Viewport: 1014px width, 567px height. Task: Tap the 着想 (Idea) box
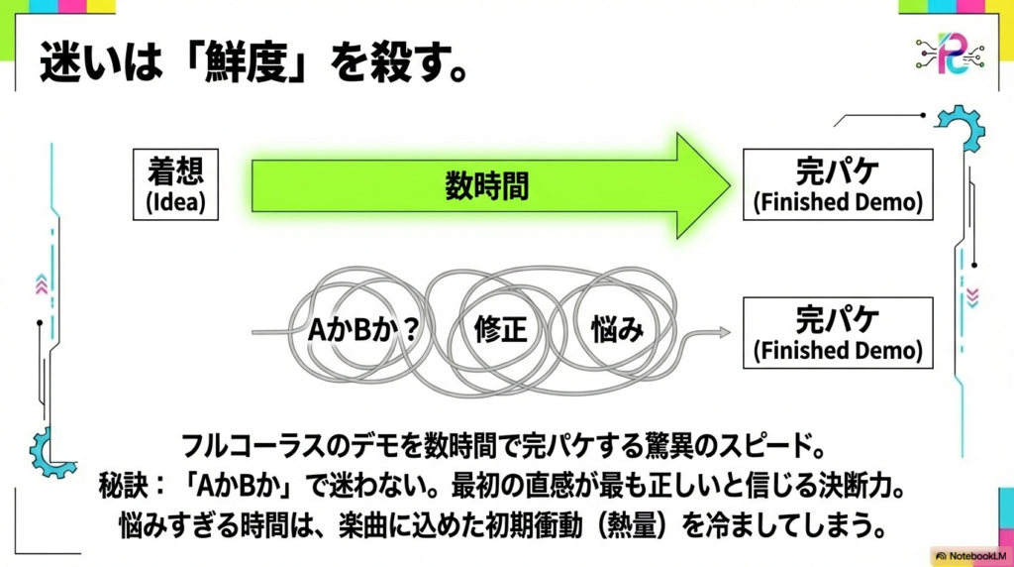(x=175, y=184)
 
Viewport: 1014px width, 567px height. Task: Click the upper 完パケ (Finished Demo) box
(x=837, y=184)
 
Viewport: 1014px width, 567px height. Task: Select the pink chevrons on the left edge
(x=41, y=284)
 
